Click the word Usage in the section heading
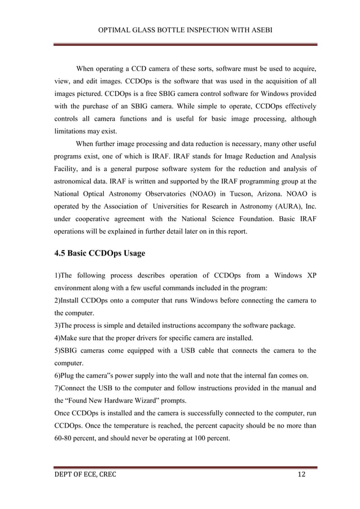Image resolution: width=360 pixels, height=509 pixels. click(x=131, y=253)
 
